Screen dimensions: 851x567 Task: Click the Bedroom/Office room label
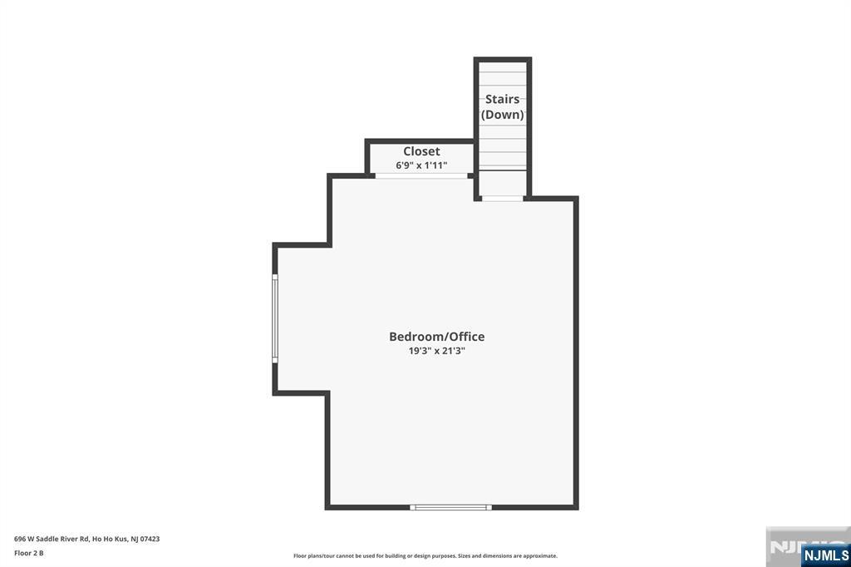[437, 337]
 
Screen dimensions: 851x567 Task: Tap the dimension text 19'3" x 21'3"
[437, 351]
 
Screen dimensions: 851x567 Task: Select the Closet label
[421, 151]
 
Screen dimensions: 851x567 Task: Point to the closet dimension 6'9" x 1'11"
[421, 165]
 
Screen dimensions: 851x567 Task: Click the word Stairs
[502, 99]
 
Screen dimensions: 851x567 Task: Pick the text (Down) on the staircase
[503, 115]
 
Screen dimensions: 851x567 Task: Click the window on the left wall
[274, 318]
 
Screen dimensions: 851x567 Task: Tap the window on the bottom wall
[450, 507]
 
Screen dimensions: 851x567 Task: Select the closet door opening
[421, 176]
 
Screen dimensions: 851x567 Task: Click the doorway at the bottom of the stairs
[503, 199]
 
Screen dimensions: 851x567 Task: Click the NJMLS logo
[825, 555]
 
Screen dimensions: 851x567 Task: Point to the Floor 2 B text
[29, 553]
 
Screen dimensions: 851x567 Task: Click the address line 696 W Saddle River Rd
[52, 539]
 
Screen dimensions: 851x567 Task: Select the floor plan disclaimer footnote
[425, 555]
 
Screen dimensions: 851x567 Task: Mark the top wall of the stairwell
[503, 59]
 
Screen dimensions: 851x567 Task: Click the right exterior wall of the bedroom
[576, 353]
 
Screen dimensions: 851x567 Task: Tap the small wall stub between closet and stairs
[471, 176]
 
